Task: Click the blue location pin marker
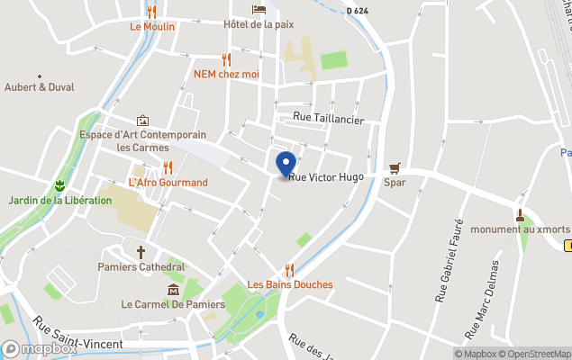tap(286, 165)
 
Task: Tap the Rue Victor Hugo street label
tap(326, 177)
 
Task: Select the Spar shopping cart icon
tap(395, 167)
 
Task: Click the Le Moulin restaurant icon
tap(151, 12)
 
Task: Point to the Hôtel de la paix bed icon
tap(259, 9)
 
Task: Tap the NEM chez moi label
tap(226, 74)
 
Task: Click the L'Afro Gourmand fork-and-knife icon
tap(168, 167)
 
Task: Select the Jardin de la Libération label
tap(61, 200)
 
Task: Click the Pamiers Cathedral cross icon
tap(141, 252)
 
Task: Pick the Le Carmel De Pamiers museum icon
tap(173, 289)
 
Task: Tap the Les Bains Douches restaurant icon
tap(289, 269)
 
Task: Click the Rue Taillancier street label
tap(329, 117)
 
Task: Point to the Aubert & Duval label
tap(40, 87)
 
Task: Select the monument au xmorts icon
tap(520, 215)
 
